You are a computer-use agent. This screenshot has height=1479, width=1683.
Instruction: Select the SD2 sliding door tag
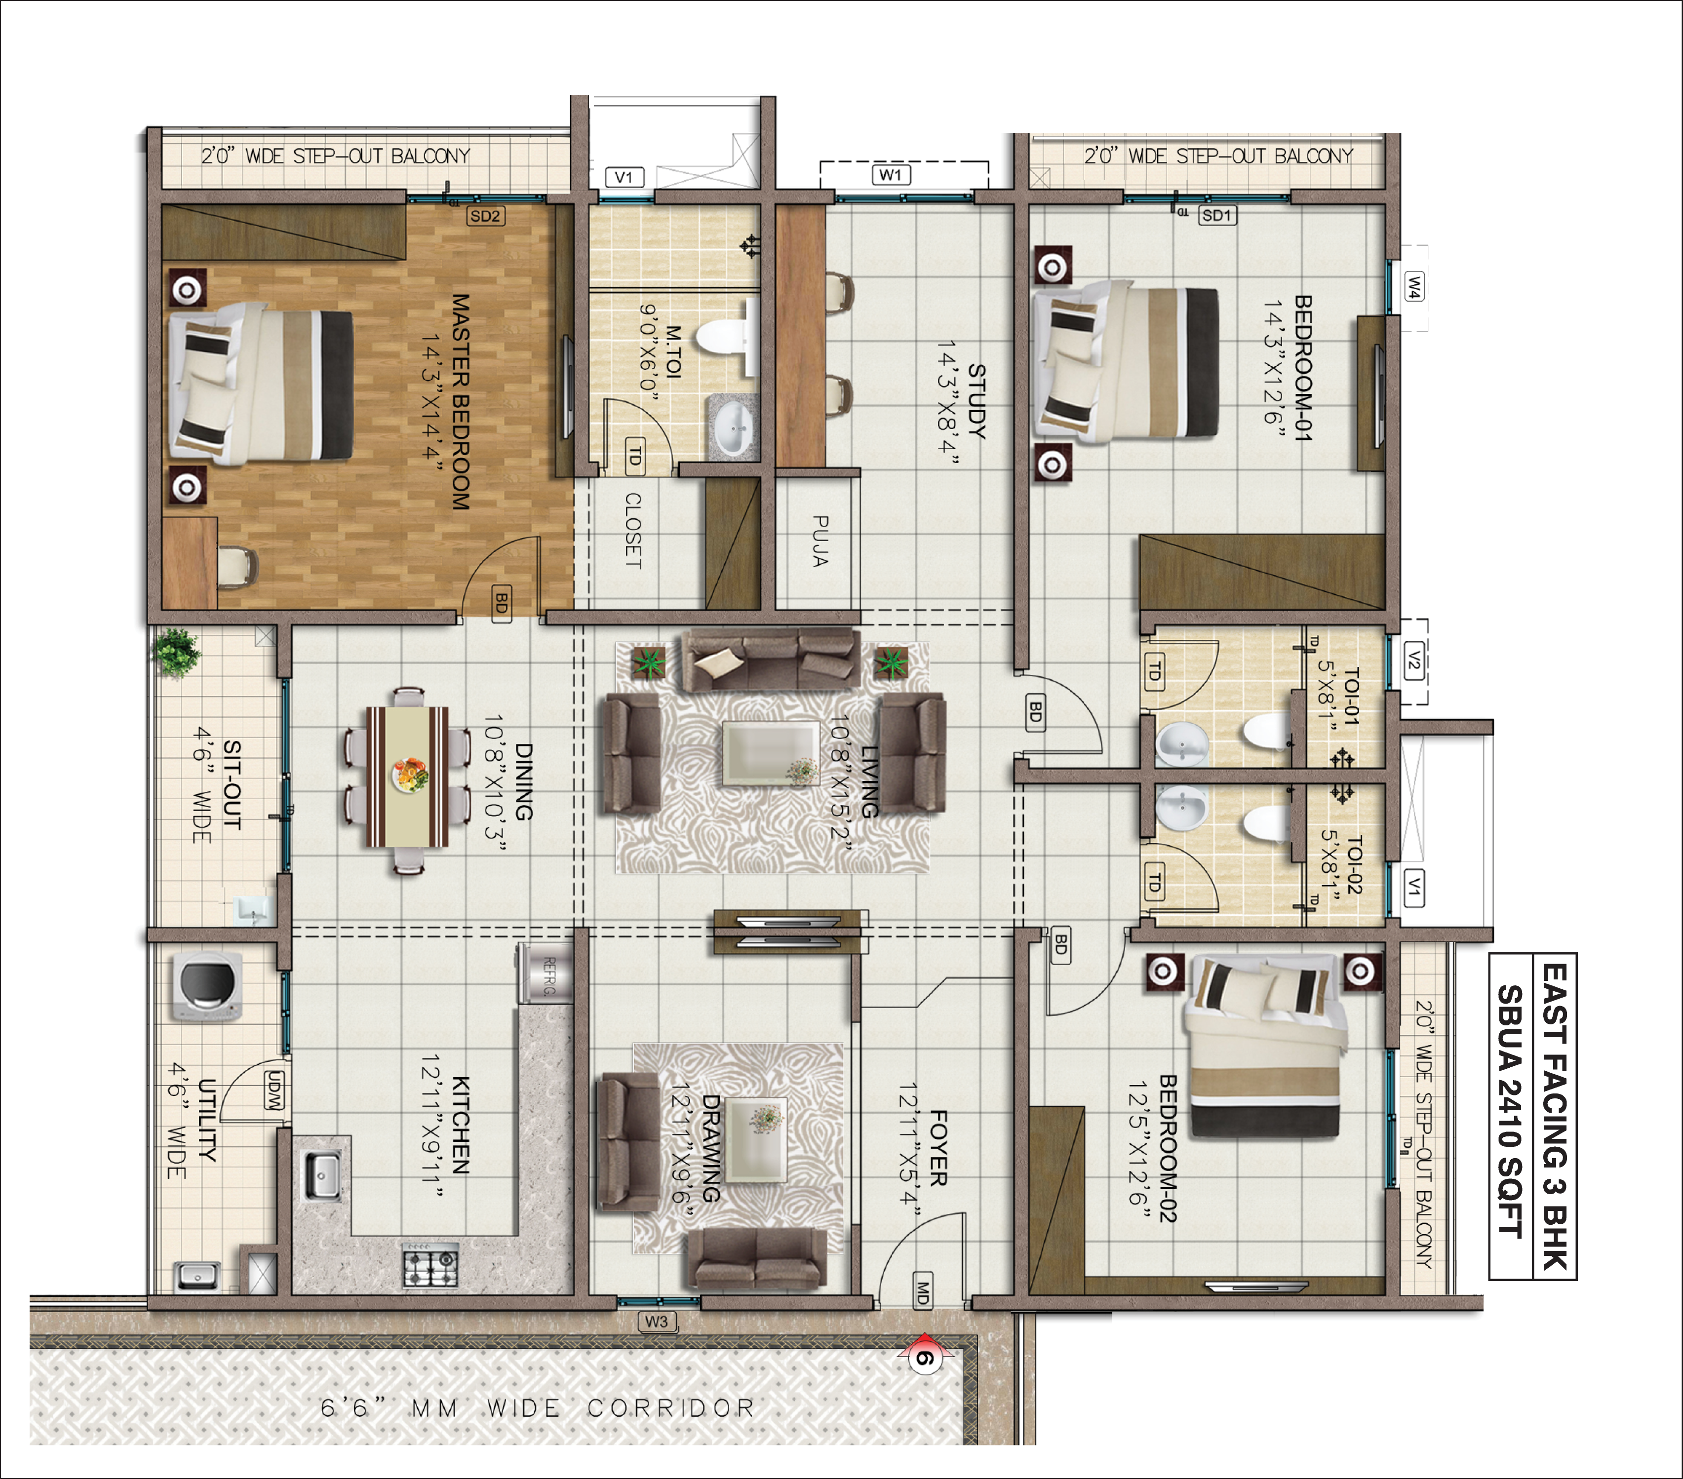tap(485, 216)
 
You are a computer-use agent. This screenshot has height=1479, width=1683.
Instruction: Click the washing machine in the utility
tap(207, 986)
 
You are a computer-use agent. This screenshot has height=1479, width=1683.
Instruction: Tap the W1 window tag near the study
tap(890, 175)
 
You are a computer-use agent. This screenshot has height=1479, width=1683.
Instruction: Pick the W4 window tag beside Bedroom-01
tap(1414, 287)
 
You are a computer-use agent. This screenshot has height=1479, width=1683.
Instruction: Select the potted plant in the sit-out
tap(175, 652)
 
